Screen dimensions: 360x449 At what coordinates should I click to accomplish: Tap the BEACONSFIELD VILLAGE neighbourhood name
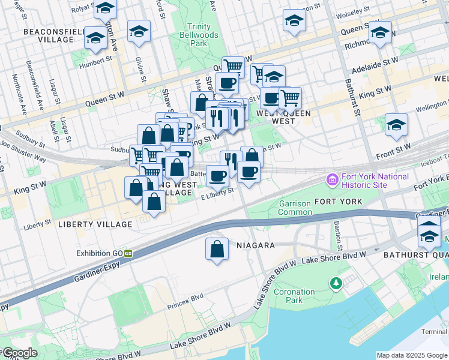pos(49,35)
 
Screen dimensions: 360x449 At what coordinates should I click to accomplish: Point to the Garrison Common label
pos(295,208)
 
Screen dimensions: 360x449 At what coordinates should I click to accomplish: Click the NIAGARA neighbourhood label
pos(255,245)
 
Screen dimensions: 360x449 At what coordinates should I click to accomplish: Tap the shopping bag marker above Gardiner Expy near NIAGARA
pos(217,250)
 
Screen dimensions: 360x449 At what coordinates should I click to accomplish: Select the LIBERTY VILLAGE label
pos(95,224)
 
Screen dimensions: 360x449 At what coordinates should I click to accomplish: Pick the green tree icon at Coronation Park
pos(336,283)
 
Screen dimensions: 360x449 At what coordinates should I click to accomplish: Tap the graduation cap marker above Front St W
pos(396,125)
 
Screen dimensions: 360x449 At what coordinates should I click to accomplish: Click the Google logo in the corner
pos(19,353)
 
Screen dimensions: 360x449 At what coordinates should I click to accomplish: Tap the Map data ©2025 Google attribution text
pos(412,355)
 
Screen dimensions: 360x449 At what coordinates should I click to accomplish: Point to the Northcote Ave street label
pos(18,94)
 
